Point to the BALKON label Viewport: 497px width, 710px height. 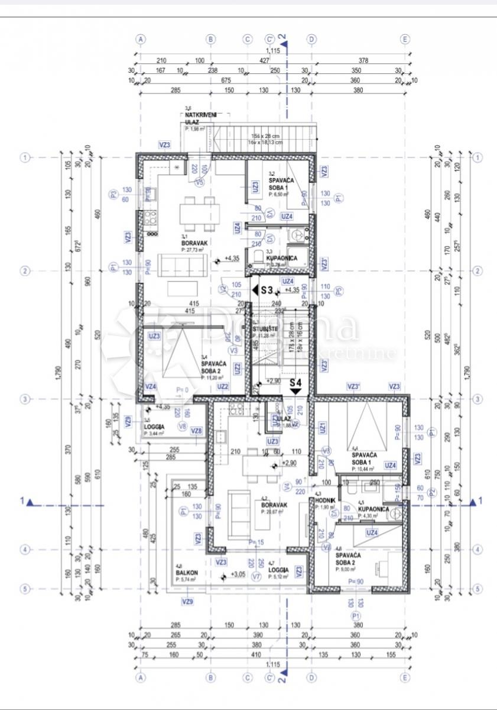pyautogui.click(x=183, y=573)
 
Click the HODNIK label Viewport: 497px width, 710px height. pyautogui.click(x=326, y=500)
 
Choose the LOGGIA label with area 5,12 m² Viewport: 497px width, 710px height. pyautogui.click(x=278, y=570)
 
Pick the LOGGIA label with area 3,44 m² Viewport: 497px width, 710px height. pyautogui.click(x=154, y=426)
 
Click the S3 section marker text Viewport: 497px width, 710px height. pyautogui.click(x=267, y=290)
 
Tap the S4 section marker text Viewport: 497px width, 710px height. pyautogui.click(x=296, y=383)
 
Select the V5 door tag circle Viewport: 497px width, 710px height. pyautogui.click(x=199, y=183)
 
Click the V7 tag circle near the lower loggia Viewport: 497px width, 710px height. pyautogui.click(x=256, y=576)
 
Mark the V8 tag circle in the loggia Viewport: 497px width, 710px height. pyautogui.click(x=183, y=426)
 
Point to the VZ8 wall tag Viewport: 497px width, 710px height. pyautogui.click(x=197, y=431)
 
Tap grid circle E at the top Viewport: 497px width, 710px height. pyautogui.click(x=405, y=39)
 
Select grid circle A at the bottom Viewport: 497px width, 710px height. pyautogui.click(x=141, y=678)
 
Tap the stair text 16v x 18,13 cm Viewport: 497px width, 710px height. pyautogui.click(x=266, y=142)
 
